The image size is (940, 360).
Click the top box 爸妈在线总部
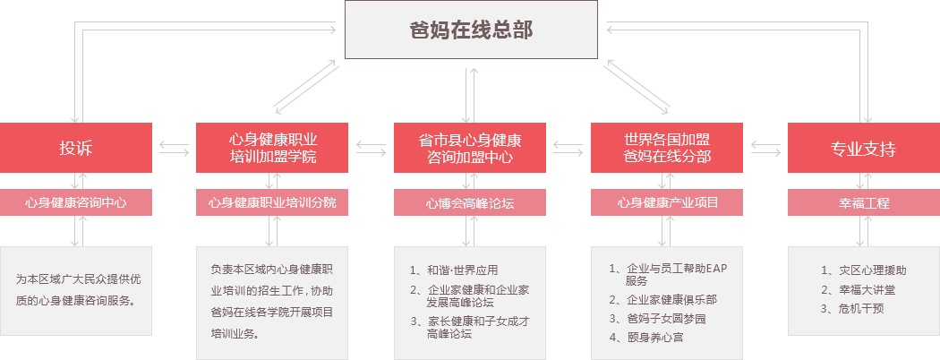(471, 30)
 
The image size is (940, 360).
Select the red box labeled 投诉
(76, 148)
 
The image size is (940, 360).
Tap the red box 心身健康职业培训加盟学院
(272, 148)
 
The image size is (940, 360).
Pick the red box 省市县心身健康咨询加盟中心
(469, 148)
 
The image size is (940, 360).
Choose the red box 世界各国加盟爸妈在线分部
(666, 148)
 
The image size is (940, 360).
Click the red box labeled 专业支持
(862, 148)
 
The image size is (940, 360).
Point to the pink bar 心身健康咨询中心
(76, 202)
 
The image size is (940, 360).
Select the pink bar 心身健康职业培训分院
(272, 202)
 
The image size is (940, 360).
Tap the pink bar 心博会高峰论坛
(469, 202)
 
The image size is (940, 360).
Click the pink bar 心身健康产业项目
(666, 202)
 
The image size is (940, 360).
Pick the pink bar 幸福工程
(862, 202)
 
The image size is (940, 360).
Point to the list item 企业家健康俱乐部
(671, 300)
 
